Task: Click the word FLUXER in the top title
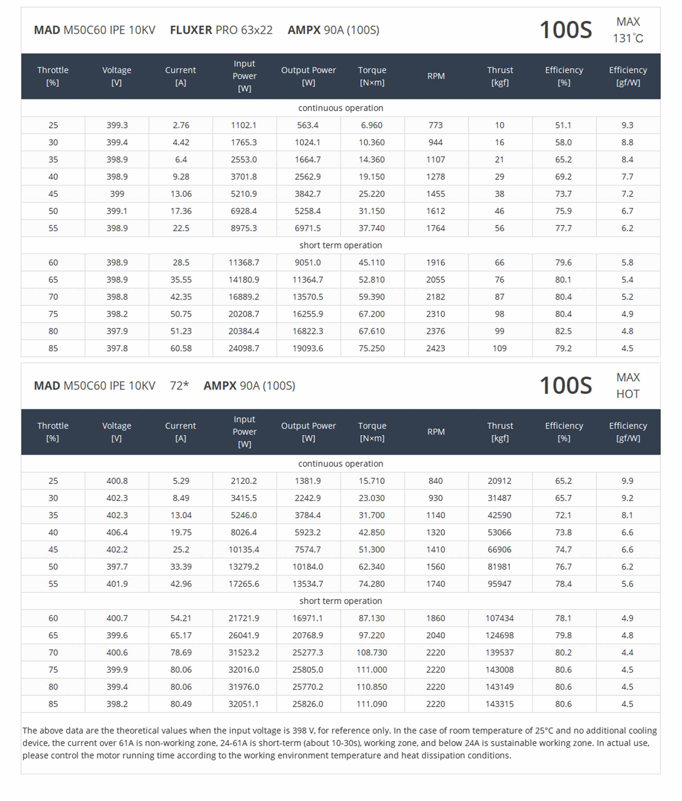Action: coord(191,30)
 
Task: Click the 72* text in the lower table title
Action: coord(180,386)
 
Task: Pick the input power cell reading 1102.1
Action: coord(244,125)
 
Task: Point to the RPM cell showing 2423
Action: coord(435,348)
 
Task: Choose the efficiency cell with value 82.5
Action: coord(563,331)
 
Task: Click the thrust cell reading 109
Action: coord(499,348)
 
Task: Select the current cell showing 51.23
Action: coord(181,331)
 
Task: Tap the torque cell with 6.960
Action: coord(372,125)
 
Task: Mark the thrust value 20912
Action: coord(499,481)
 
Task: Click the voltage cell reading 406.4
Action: coord(117,532)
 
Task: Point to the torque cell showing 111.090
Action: coord(372,704)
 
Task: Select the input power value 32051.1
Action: coord(244,704)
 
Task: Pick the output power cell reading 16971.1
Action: coord(308,618)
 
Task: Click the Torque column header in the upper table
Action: coord(372,76)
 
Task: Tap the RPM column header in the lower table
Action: coord(436,432)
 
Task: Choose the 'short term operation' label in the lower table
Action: coord(341,601)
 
